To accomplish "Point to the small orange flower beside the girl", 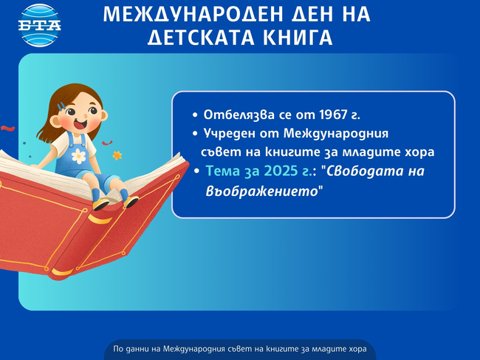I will click(117, 155).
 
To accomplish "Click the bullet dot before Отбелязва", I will click(195, 116).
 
